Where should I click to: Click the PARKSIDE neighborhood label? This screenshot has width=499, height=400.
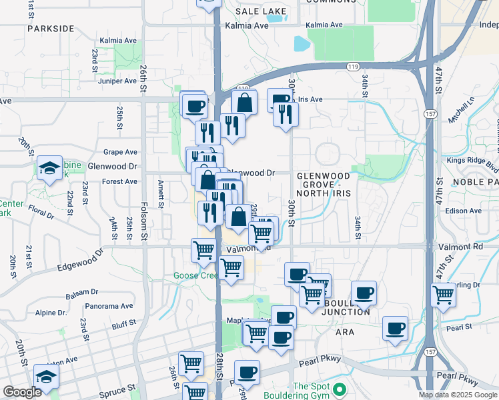tap(51, 29)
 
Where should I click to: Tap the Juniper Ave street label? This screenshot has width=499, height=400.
tap(117, 81)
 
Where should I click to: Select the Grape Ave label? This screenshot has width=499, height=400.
tap(120, 152)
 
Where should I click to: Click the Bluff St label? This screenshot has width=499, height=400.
tap(124, 323)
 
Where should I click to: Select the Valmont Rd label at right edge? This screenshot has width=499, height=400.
tap(476, 246)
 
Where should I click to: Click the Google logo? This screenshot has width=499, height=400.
tap(22, 392)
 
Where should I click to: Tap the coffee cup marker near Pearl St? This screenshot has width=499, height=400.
tap(396, 329)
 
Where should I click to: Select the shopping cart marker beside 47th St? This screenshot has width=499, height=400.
tap(443, 294)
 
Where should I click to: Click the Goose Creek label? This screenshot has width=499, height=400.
tap(195, 275)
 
